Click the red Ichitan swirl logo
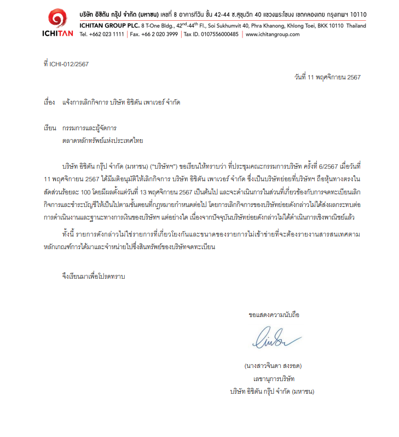click(x=57, y=18)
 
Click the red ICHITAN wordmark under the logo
click(x=57, y=33)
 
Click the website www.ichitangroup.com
click(x=273, y=34)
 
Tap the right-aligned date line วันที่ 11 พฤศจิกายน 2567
click(x=327, y=77)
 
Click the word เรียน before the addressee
click(x=49, y=128)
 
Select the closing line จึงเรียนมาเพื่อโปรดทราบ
click(x=94, y=277)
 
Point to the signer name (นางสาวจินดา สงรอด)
click(x=273, y=365)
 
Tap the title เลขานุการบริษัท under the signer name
click(x=273, y=378)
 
